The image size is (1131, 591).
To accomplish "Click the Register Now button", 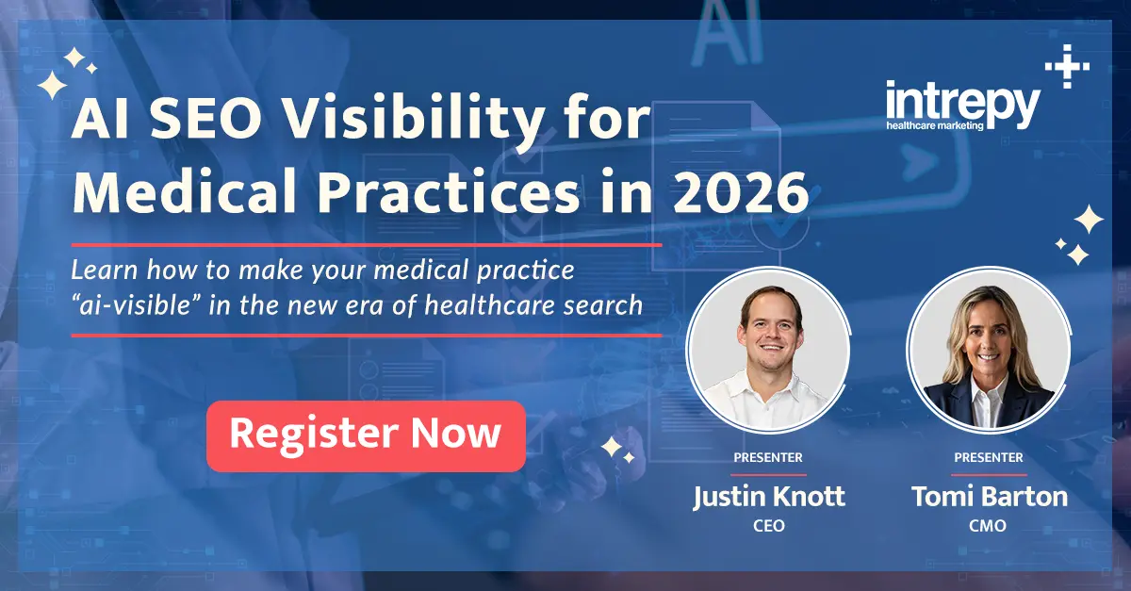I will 366,435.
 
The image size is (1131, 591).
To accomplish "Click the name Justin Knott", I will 768,498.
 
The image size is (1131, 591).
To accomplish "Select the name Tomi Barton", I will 989,498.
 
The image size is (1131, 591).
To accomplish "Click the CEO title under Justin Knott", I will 768,526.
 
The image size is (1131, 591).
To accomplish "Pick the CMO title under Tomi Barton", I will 989,526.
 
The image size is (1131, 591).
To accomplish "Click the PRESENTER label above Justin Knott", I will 768,457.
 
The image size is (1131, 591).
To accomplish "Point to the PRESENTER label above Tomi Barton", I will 989,457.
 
